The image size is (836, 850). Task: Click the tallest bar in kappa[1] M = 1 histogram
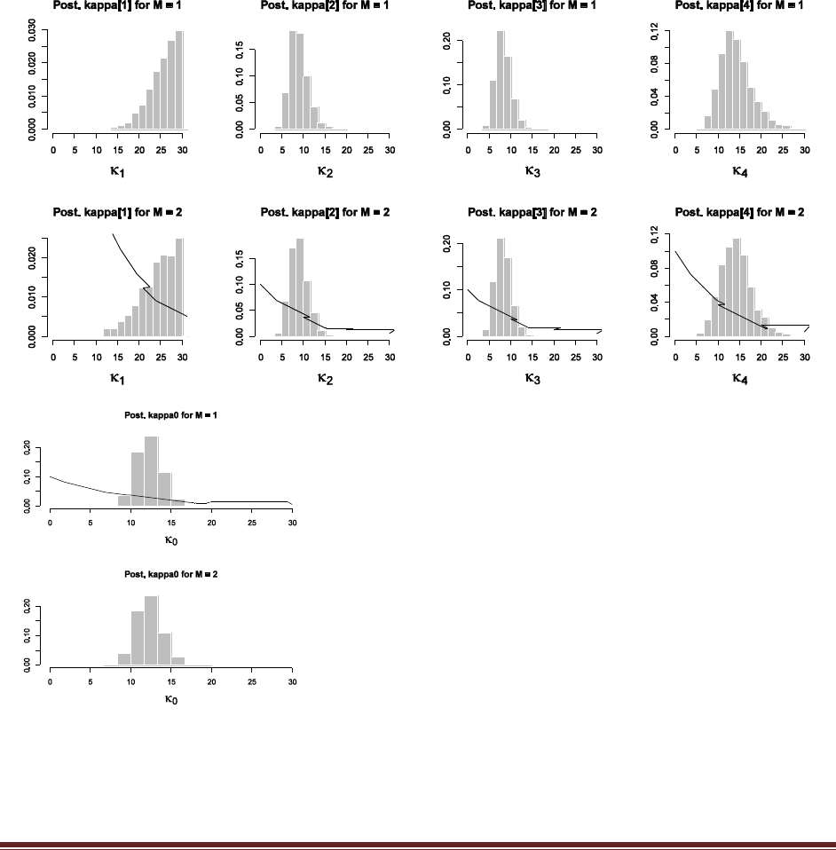click(x=179, y=80)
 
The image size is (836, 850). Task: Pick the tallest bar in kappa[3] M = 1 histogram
click(x=500, y=80)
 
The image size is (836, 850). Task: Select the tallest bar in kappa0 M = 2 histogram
click(x=151, y=631)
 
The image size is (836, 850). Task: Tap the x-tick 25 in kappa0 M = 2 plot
click(x=252, y=681)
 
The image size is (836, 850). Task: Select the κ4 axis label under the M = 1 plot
click(x=739, y=170)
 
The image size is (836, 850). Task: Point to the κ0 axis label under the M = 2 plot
click(x=171, y=699)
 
